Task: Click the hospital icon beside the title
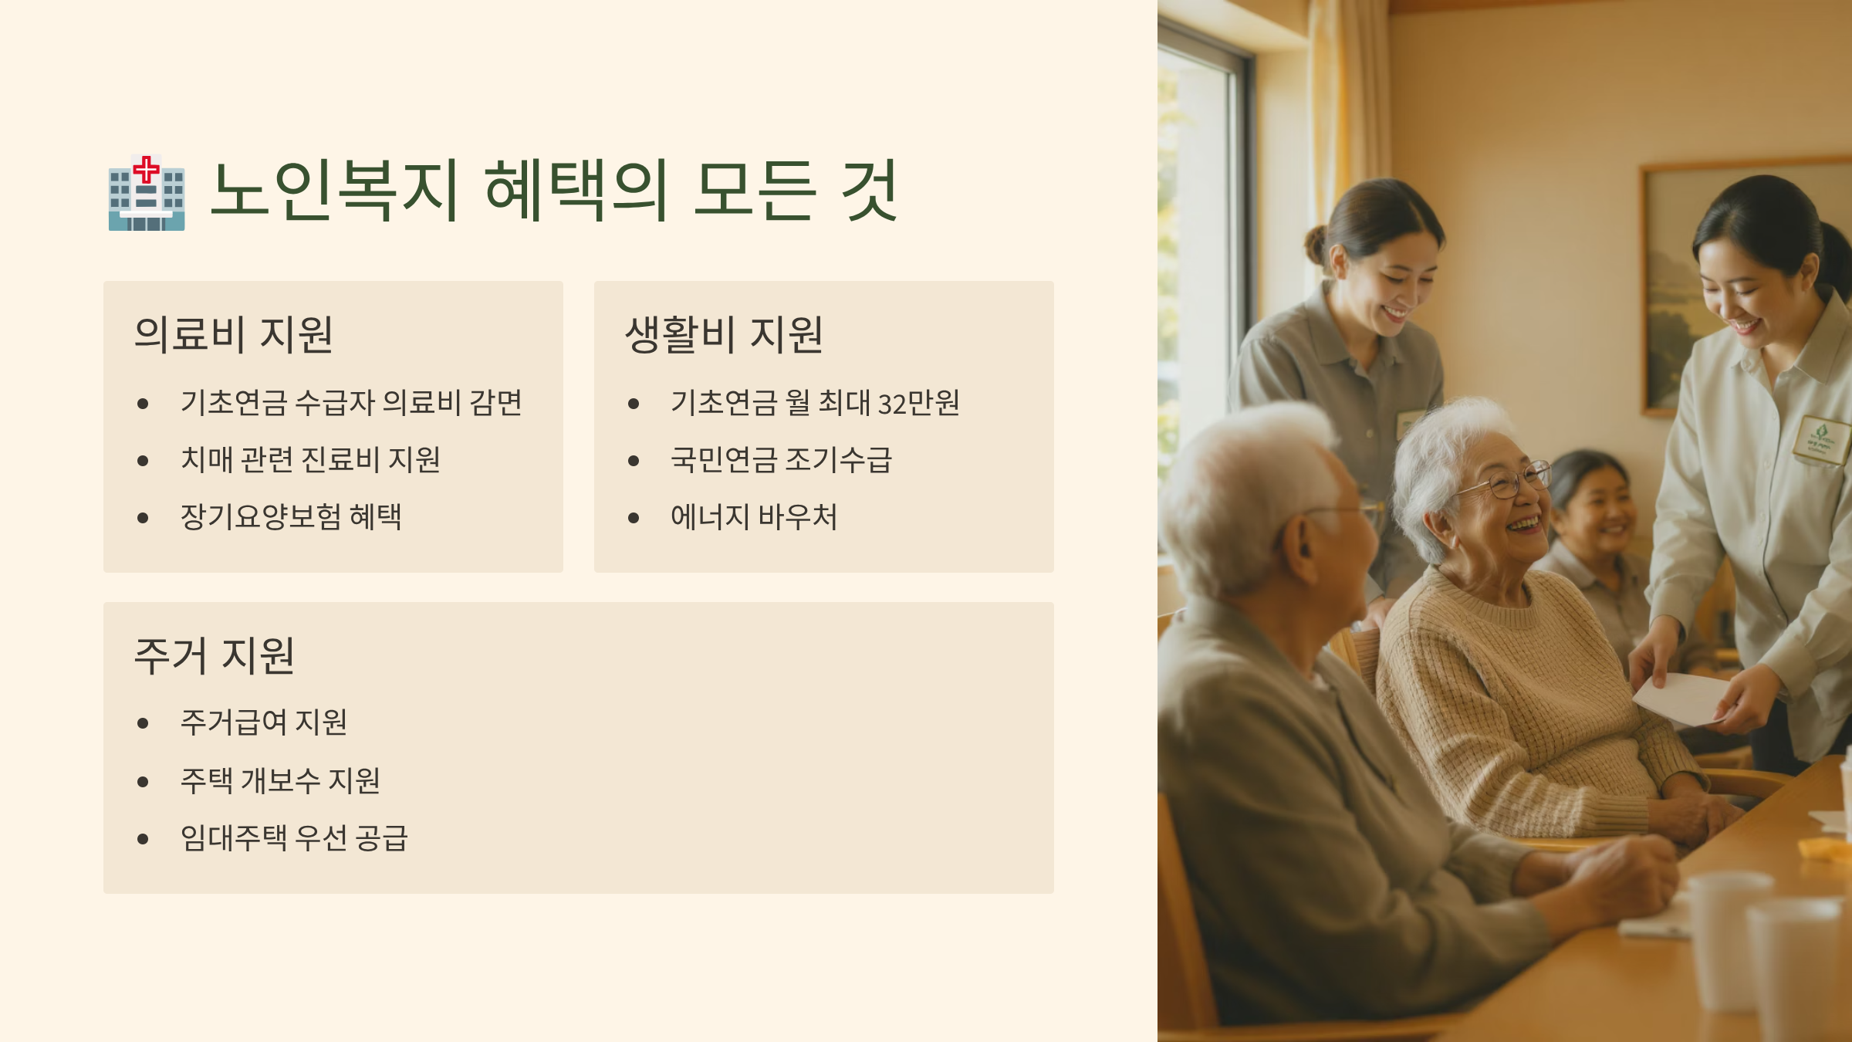(x=147, y=193)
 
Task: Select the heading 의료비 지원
(x=234, y=335)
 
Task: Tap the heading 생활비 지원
(x=724, y=335)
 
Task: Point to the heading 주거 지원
(x=215, y=656)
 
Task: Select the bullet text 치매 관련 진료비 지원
(x=310, y=460)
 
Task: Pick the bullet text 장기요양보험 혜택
(x=291, y=517)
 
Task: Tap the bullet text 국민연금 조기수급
(x=781, y=460)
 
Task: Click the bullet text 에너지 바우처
(x=754, y=517)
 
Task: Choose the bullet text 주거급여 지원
(x=264, y=722)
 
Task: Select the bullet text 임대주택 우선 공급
(x=294, y=838)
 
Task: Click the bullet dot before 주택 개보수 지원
(x=143, y=782)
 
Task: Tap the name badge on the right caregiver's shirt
(x=1822, y=440)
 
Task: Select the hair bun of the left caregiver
(x=1316, y=245)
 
